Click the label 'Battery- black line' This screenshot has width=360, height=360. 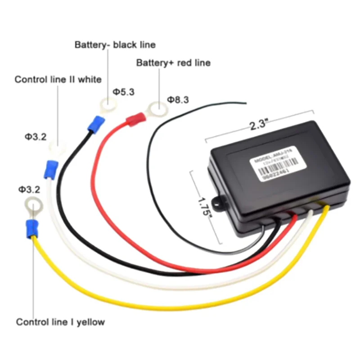[115, 45]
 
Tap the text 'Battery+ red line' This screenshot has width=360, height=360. [173, 63]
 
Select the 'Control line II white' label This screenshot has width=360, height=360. [58, 80]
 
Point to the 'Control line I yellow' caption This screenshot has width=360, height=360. [60, 322]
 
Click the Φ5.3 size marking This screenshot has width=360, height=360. [124, 92]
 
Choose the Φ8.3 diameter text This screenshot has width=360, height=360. [178, 99]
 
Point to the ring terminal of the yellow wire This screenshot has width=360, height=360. [33, 207]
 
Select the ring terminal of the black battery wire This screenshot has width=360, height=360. [108, 107]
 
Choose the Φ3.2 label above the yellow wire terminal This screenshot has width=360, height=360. [29, 189]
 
